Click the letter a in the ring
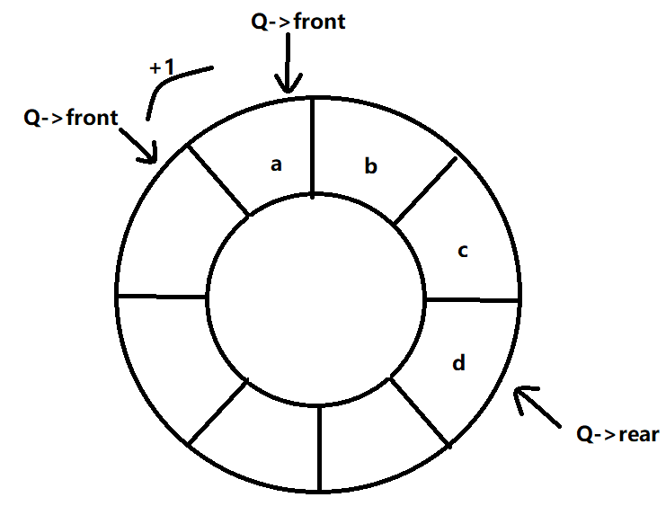pos(277,164)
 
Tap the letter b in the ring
pos(370,166)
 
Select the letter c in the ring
pos(463,251)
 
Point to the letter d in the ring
pos(458,363)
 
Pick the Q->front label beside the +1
pos(71,118)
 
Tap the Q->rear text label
pos(617,435)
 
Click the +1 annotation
pos(164,68)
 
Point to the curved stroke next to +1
pos(171,86)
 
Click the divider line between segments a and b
pos(312,146)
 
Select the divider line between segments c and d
pos(473,299)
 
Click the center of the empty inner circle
pos(317,297)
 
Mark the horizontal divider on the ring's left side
pos(163,296)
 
